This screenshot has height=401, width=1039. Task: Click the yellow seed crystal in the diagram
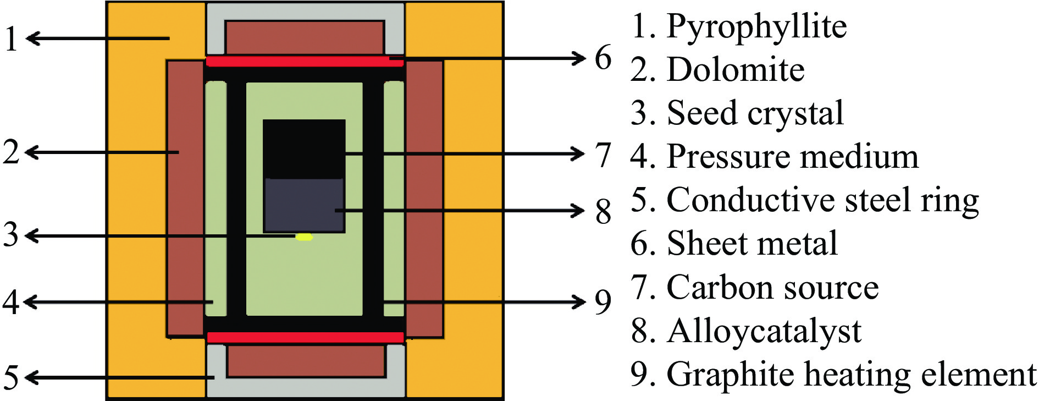coord(304,237)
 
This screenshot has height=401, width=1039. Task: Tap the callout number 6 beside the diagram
coord(603,58)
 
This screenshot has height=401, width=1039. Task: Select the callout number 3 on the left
coord(11,235)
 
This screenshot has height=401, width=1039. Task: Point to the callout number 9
coord(603,302)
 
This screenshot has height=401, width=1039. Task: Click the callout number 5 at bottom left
coord(11,378)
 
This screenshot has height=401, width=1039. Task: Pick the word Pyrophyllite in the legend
coord(756,26)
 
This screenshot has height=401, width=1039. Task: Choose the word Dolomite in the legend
coord(736,70)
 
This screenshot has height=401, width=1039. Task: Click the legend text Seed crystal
coord(755,113)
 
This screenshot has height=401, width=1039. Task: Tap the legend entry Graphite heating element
coord(851,375)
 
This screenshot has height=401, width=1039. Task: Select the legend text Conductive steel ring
coord(822,200)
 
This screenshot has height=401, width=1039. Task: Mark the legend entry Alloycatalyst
coord(764,331)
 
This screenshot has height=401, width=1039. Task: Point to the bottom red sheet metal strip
coord(305,337)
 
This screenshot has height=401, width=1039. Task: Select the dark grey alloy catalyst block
coord(304,205)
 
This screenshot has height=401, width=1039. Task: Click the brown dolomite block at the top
coord(305,37)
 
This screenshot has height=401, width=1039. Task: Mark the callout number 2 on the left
coord(11,152)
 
